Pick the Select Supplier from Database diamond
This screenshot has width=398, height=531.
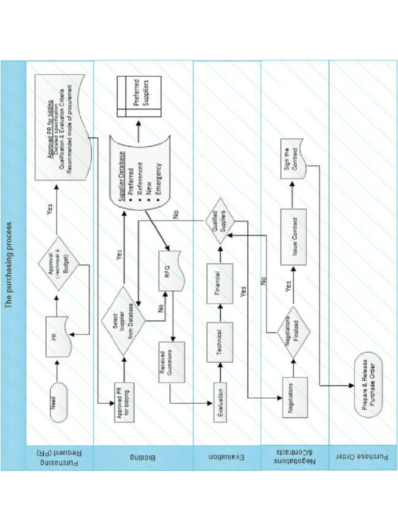pos(123,320)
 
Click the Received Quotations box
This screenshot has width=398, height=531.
pos(172,362)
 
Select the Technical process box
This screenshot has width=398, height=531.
pos(220,342)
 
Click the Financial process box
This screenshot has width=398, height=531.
pos(220,283)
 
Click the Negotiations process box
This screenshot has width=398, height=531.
pos(295,396)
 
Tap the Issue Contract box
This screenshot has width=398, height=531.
pos(294,236)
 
